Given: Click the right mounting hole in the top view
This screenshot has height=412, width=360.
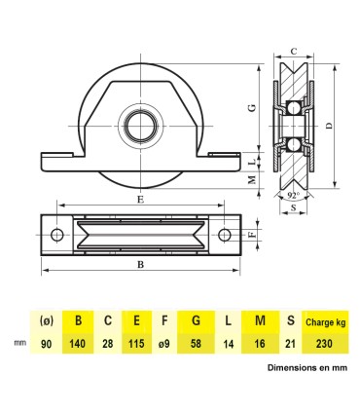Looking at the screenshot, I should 226,235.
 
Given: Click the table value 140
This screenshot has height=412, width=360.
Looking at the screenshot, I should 77,344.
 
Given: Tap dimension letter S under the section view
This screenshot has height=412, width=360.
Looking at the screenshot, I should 295,210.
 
